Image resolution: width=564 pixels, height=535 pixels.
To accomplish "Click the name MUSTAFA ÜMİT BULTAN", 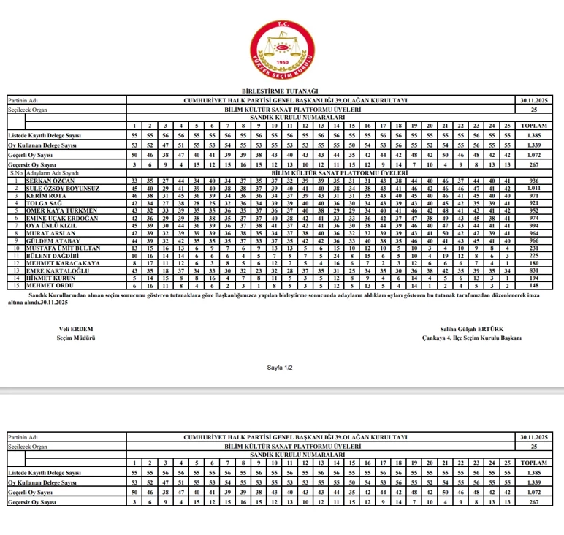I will [59, 248].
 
